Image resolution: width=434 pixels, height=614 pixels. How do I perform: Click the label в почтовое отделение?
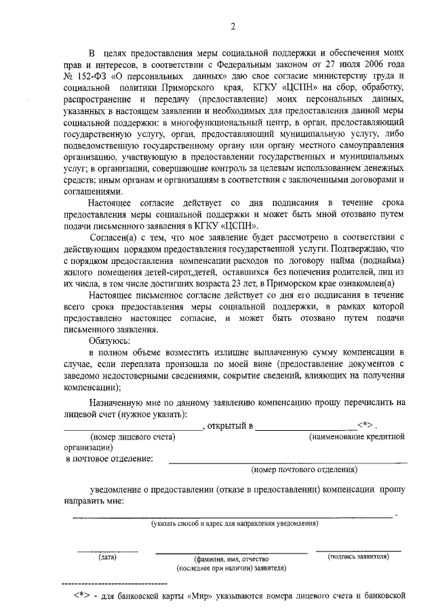109,458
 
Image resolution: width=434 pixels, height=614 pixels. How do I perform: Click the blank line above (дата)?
107,551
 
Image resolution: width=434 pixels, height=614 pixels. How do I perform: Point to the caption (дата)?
107,558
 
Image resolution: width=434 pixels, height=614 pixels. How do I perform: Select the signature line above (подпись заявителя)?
357,550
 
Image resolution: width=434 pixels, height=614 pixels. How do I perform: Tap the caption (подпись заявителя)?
357,557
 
